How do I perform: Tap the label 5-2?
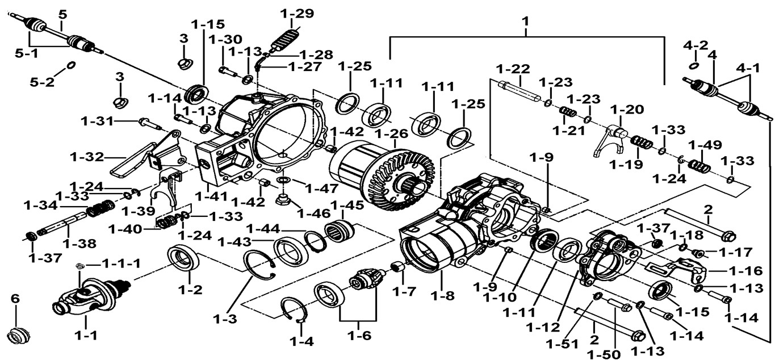(x=43, y=82)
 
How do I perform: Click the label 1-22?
(x=512, y=69)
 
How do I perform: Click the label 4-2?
(x=696, y=45)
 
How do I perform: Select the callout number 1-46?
(x=314, y=214)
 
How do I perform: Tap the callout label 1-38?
(x=78, y=243)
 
